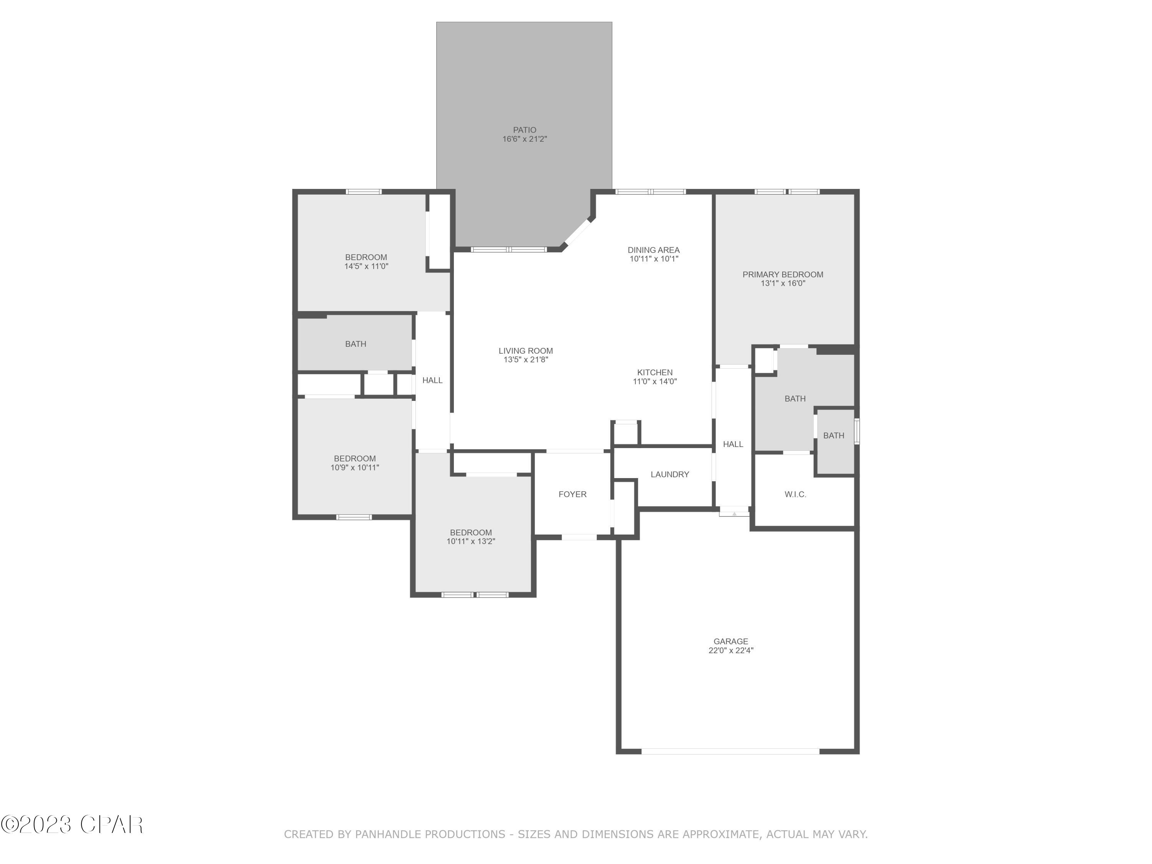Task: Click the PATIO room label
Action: (x=525, y=130)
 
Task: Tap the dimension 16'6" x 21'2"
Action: (x=525, y=139)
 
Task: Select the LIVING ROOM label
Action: (x=525, y=351)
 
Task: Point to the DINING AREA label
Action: (x=654, y=250)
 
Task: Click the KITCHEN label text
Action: (x=655, y=372)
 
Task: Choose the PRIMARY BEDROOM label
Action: (x=783, y=275)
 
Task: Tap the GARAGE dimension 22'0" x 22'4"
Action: (x=731, y=650)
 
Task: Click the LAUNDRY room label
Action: (x=670, y=475)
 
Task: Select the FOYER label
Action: (x=573, y=494)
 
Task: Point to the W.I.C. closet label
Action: (x=795, y=494)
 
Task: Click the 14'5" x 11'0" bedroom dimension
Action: (x=366, y=266)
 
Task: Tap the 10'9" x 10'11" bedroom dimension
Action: (x=355, y=468)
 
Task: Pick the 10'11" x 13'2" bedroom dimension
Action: (x=471, y=541)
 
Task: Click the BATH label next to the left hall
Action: (x=356, y=344)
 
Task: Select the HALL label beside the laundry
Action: (x=733, y=444)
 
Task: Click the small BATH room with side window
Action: (x=834, y=435)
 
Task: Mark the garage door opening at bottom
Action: (x=730, y=751)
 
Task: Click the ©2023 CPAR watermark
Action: (x=72, y=824)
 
